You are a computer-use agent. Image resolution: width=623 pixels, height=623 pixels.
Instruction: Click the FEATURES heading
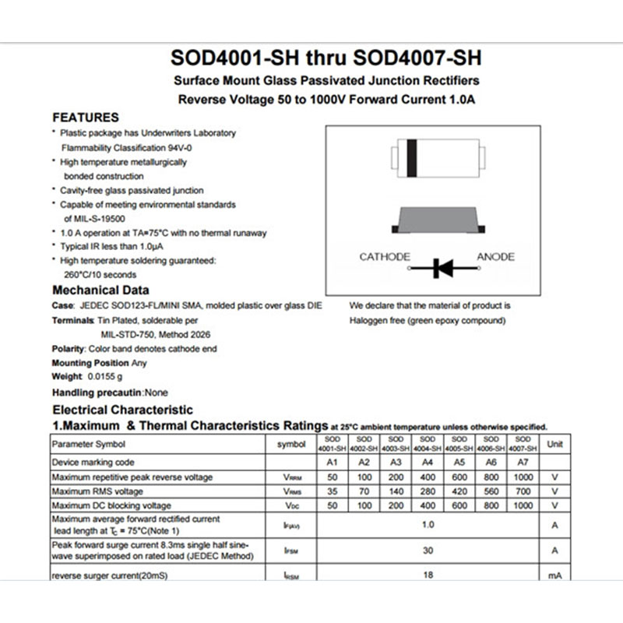(x=86, y=118)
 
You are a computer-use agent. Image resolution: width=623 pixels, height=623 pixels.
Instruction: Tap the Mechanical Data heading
(x=95, y=290)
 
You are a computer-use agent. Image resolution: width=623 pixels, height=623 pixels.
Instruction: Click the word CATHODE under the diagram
(x=385, y=257)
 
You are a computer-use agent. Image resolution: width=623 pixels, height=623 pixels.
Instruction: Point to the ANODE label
(x=495, y=257)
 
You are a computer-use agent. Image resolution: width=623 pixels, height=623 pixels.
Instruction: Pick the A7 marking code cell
(x=523, y=462)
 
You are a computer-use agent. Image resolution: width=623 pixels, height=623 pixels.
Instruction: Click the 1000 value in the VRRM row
(x=523, y=477)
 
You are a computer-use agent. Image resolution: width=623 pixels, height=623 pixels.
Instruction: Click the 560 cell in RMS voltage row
(x=491, y=491)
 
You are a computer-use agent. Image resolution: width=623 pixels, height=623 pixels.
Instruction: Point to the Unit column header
(x=554, y=444)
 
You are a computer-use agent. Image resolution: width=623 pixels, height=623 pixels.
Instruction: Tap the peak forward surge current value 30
(x=428, y=550)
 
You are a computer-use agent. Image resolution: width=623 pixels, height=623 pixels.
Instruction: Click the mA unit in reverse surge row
(x=554, y=575)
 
